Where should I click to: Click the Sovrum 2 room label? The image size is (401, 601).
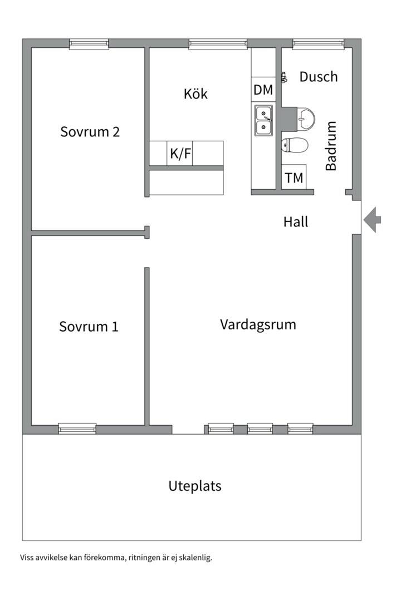(90, 132)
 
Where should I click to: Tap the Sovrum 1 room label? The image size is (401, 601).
(89, 326)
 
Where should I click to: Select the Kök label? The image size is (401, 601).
(195, 93)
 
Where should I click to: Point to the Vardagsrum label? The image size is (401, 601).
(258, 324)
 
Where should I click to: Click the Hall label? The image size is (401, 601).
(295, 221)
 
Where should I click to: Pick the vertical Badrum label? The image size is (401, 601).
(331, 146)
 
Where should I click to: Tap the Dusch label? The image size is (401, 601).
(319, 76)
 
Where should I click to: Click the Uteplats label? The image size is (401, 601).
(195, 486)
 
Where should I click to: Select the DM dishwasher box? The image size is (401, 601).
(263, 90)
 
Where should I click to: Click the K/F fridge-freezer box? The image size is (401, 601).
(180, 154)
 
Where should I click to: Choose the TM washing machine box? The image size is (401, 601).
(294, 178)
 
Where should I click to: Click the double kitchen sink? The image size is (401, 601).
(263, 120)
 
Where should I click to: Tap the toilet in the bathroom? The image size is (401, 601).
(295, 145)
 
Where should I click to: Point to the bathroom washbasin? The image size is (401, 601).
(305, 117)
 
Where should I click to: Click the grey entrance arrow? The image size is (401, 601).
(373, 220)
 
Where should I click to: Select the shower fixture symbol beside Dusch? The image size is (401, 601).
(283, 78)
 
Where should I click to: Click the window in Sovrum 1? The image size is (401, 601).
(77, 428)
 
